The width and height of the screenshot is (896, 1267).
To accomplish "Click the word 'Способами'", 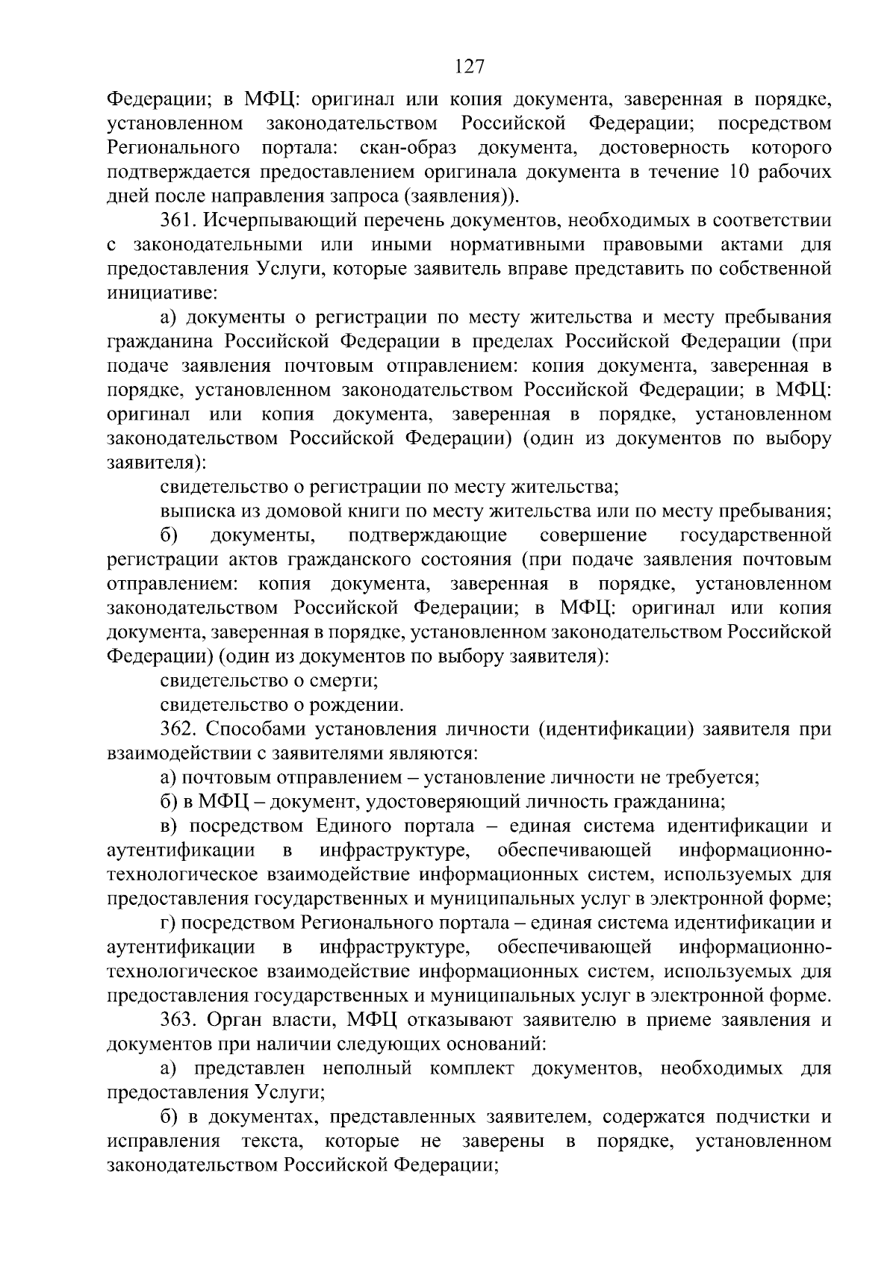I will [249, 729].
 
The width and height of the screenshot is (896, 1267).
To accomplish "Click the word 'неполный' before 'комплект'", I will [367, 1069].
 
